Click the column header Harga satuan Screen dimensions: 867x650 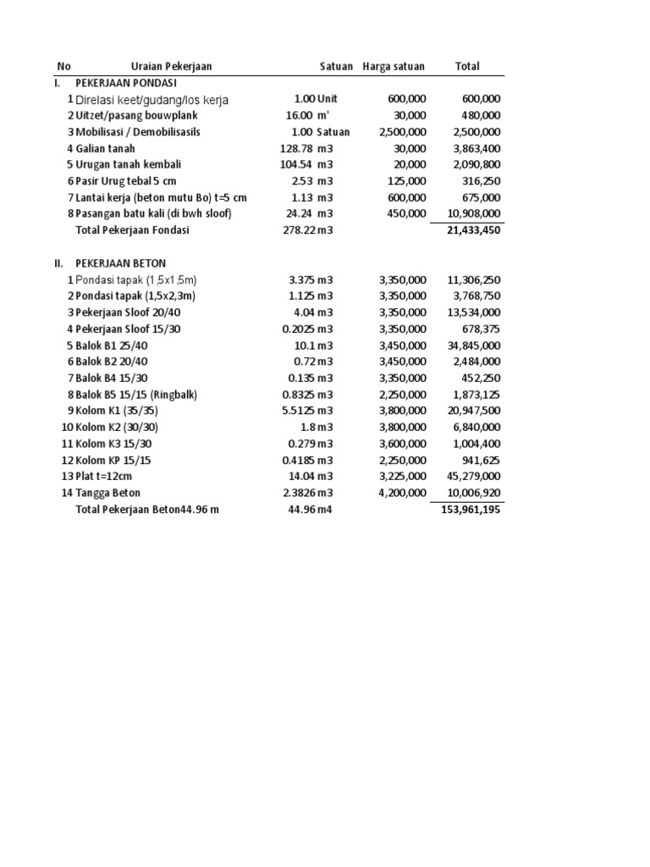[x=394, y=66]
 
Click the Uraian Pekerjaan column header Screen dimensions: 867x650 [x=171, y=66]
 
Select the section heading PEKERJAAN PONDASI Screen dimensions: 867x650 [x=125, y=83]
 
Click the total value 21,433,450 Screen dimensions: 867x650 [x=473, y=230]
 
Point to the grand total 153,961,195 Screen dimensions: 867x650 [x=471, y=510]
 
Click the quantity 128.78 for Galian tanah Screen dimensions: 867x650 [x=297, y=148]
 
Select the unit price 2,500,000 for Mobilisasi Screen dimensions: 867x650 [x=403, y=132]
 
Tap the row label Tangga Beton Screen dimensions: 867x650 [x=108, y=493]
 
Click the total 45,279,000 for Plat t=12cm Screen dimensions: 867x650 [x=473, y=477]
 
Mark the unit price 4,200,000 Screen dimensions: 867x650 [x=403, y=493]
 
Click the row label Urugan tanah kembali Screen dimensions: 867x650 [x=129, y=164]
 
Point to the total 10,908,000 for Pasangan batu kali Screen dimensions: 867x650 [x=473, y=213]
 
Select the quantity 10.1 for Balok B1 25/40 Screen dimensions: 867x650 [x=304, y=345]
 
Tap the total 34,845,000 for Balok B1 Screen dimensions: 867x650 [x=473, y=345]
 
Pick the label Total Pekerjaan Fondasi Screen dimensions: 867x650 [x=133, y=230]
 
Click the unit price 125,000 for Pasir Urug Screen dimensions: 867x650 [x=408, y=181]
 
